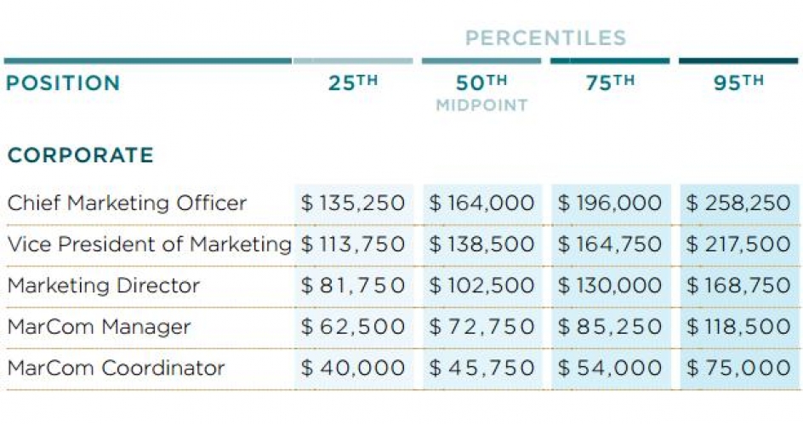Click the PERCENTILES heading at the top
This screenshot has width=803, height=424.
coord(545,38)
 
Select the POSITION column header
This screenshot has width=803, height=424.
coord(64,83)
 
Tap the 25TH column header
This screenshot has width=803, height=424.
coord(352,83)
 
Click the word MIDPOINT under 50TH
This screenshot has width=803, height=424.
coord(481,106)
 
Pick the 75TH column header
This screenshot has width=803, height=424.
coord(610,83)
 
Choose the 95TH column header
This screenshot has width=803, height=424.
coord(738,83)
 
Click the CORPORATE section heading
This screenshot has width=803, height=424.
coord(81,155)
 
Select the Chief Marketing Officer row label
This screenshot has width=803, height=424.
coord(127,203)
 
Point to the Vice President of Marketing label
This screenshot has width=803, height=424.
coord(149,245)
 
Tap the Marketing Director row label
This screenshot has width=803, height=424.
coord(103,285)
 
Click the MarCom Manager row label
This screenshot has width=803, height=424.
coord(99,326)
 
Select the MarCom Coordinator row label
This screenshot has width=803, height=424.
coord(116,368)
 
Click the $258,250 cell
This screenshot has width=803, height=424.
coord(738,203)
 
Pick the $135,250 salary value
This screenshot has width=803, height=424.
coord(353,203)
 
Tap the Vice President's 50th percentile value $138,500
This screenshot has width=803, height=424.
coord(481,245)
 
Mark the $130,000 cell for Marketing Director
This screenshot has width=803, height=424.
coord(610,285)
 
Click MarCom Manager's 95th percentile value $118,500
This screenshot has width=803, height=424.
coord(738,326)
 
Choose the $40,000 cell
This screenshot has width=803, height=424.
coord(353,368)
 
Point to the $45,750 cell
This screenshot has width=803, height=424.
coord(481,368)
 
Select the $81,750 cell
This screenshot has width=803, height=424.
coord(353,285)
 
